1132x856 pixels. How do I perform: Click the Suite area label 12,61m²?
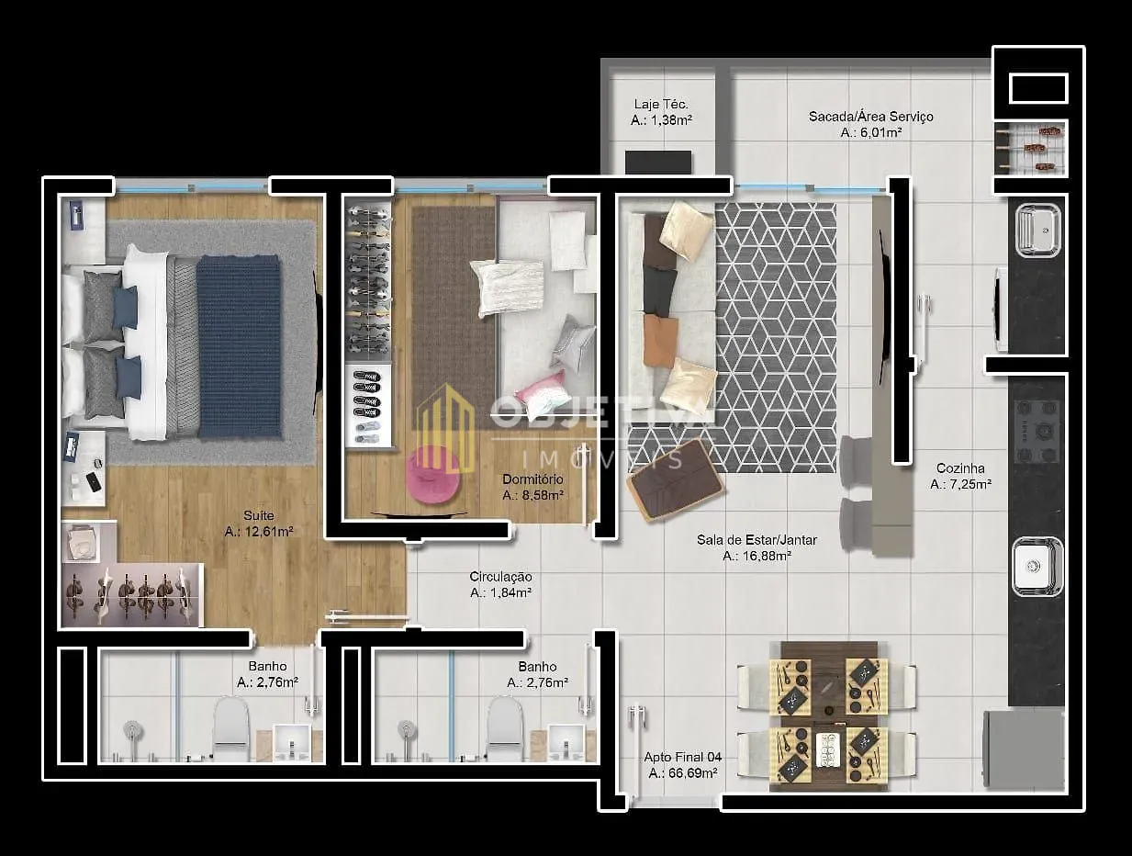pos(259,532)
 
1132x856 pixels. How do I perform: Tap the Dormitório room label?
pos(532,479)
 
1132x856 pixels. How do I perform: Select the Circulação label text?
pos(500,577)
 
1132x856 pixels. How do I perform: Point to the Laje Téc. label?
pos(661,104)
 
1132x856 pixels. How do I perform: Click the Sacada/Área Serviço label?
pos(870,117)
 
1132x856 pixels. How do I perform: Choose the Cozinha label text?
pos(960,468)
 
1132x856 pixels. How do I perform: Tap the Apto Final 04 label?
pos(682,757)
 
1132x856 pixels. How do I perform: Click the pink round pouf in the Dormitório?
pos(432,475)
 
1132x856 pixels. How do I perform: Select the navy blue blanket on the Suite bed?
pos(240,347)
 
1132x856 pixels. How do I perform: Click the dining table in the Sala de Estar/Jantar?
pos(829,715)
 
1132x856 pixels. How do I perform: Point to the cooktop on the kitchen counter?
pos(1037,432)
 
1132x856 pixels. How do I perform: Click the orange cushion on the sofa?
pos(661,341)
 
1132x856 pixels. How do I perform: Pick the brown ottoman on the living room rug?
pos(676,480)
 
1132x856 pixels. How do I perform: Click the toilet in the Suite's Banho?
pos(230,728)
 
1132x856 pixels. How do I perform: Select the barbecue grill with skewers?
pos(1030,150)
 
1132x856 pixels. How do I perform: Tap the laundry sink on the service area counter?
pos(1038,231)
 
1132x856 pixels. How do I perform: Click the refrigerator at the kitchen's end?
pos(1025,749)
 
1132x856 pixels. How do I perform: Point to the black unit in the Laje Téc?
pos(658,162)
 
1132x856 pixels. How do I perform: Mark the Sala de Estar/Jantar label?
pos(757,540)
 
